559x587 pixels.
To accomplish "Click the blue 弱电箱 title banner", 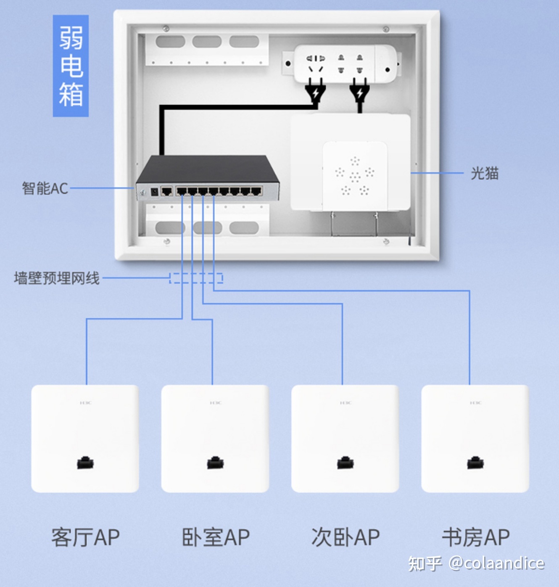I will click(x=71, y=66).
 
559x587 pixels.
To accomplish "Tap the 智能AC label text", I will click(x=45, y=188).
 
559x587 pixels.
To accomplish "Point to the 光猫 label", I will click(x=485, y=173).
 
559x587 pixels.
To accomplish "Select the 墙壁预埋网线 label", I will click(x=57, y=278).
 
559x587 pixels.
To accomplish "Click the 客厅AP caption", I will click(x=85, y=537).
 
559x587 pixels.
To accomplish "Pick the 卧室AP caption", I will click(x=216, y=537).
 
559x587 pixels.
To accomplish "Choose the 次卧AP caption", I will click(x=345, y=537).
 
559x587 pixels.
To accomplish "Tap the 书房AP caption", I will click(x=476, y=537).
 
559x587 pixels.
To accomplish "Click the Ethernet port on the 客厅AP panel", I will click(x=85, y=463).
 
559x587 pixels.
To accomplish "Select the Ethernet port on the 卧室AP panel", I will click(x=215, y=463).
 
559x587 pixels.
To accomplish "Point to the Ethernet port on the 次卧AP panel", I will click(x=345, y=463).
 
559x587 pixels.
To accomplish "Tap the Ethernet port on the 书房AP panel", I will click(x=475, y=463).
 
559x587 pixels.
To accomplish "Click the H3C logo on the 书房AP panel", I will click(x=475, y=403).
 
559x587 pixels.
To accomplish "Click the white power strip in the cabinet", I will click(x=345, y=64).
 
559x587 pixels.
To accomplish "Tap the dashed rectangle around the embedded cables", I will click(x=196, y=278).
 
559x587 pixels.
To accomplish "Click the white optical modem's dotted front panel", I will click(x=355, y=176).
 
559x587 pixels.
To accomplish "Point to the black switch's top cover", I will click(x=208, y=168).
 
